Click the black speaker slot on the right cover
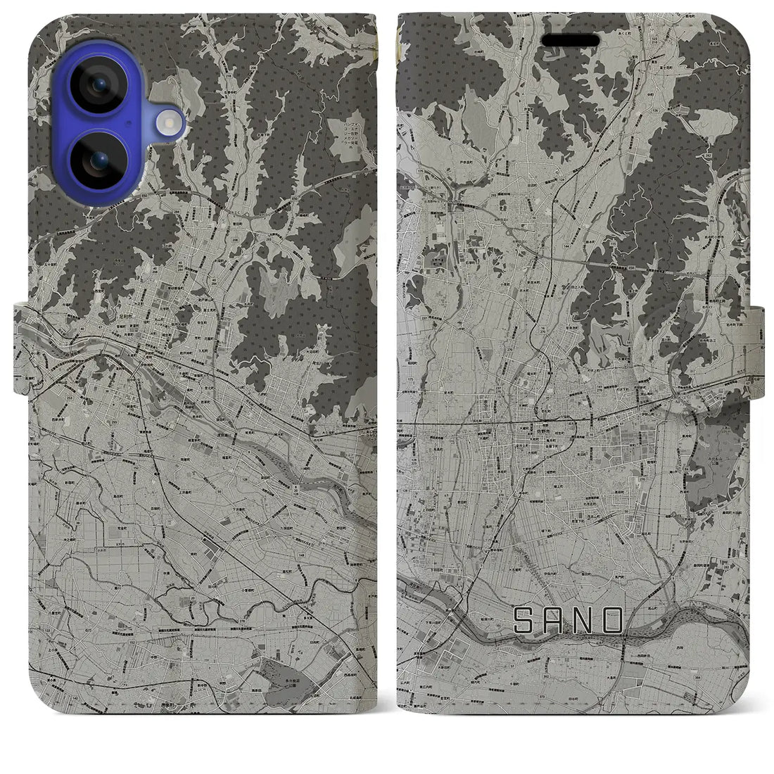coord(570,40)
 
